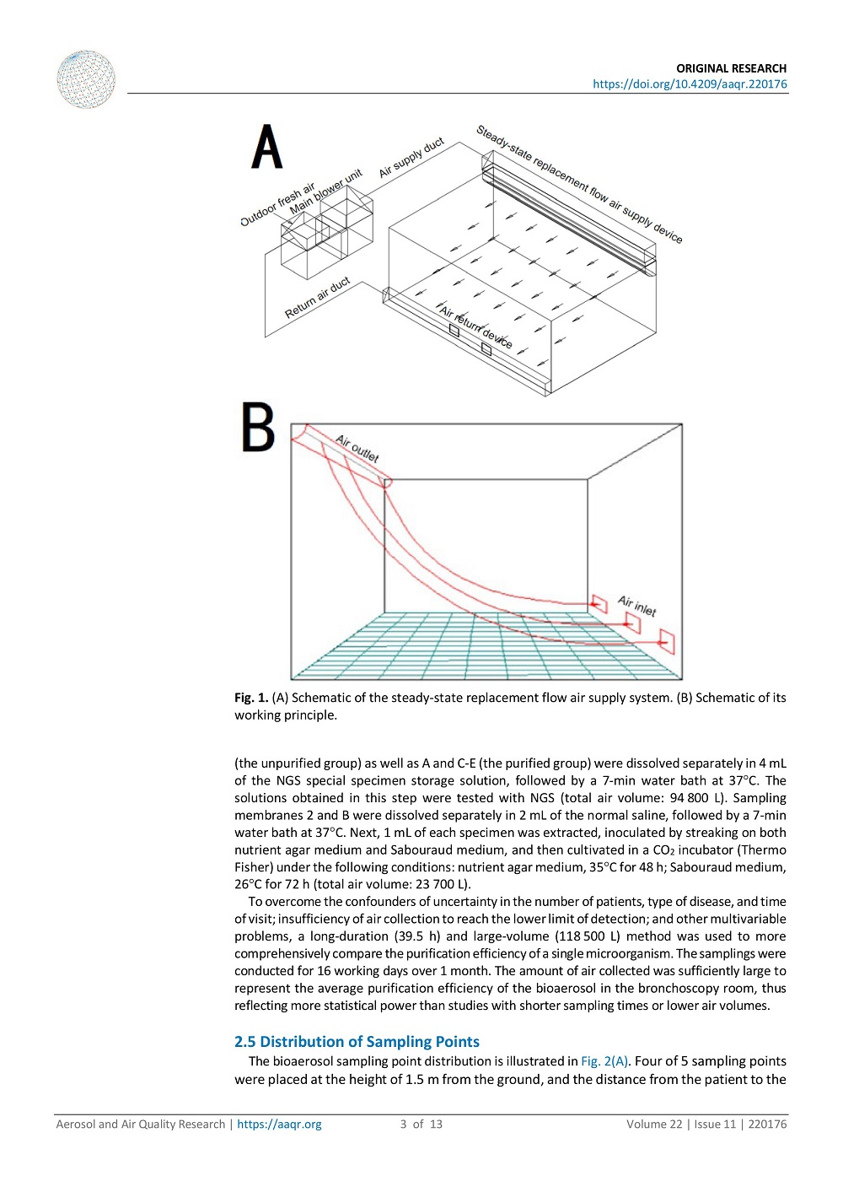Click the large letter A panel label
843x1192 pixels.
tap(267, 148)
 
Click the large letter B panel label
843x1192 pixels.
tap(258, 428)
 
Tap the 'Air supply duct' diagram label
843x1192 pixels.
tap(411, 158)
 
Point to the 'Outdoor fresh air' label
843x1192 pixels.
tap(277, 205)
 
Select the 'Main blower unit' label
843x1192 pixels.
tap(325, 192)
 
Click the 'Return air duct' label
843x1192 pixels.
tap(317, 299)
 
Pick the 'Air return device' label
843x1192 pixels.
tap(475, 326)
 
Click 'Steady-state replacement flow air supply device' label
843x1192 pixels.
tap(579, 184)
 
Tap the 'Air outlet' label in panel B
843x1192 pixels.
tap(357, 448)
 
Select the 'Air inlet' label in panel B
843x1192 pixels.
tap(636, 606)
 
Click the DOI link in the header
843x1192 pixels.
tap(690, 84)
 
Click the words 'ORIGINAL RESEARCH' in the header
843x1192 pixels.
tap(731, 68)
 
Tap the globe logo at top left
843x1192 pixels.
tap(86, 79)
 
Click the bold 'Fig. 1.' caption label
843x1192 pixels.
tap(251, 698)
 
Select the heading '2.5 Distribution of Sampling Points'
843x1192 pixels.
tap(357, 1042)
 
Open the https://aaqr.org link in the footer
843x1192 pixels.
tap(279, 1124)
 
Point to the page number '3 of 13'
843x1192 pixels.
tap(421, 1124)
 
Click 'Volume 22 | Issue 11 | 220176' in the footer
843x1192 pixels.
tap(706, 1124)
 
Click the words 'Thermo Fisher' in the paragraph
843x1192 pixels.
tap(763, 850)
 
